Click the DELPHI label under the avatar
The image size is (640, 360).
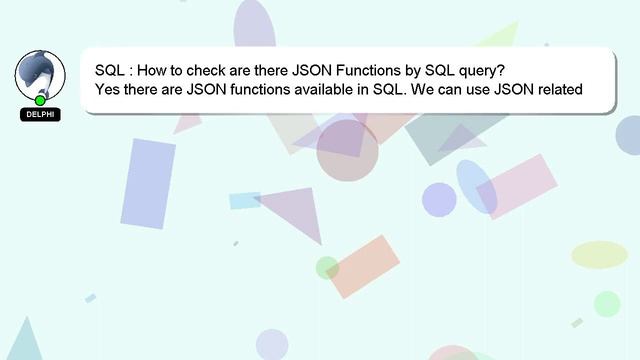pos(40,115)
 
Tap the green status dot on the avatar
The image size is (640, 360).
pos(40,100)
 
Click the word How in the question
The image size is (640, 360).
pos(151,71)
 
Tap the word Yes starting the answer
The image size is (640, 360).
pos(109,90)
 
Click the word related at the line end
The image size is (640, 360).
pos(559,90)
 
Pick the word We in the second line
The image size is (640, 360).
pos(419,90)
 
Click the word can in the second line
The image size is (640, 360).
pos(445,90)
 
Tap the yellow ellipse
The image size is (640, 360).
pos(599,255)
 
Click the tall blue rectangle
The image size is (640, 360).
pos(148,183)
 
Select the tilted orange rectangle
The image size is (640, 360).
pos(363,266)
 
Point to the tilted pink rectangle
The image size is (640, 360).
pos(516,186)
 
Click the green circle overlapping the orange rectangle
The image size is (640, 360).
pos(327,268)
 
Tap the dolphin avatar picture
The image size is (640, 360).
pos(40,75)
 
